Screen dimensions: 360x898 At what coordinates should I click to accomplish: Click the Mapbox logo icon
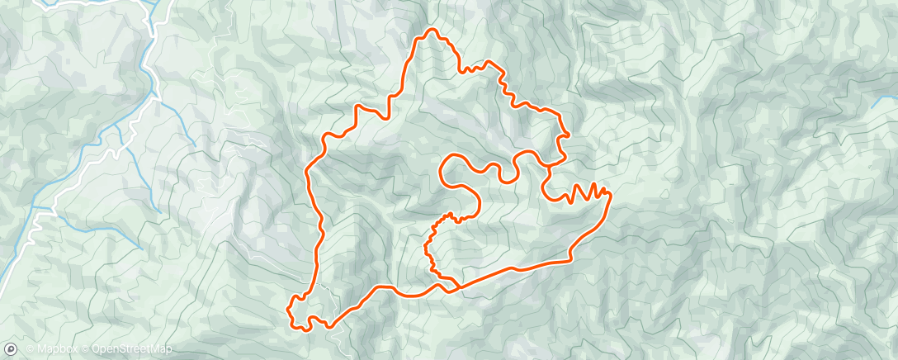coord(11,349)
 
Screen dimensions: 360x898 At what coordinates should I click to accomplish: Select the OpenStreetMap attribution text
coord(131,349)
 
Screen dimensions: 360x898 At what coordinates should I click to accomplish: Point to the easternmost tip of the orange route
coord(611,194)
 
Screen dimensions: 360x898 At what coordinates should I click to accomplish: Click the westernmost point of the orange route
coord(289,310)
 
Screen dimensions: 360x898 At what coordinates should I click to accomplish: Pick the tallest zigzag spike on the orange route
coord(593,185)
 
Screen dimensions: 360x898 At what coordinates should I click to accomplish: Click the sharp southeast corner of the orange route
coord(570,259)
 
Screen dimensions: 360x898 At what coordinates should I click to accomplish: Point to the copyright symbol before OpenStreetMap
coord(85,349)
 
